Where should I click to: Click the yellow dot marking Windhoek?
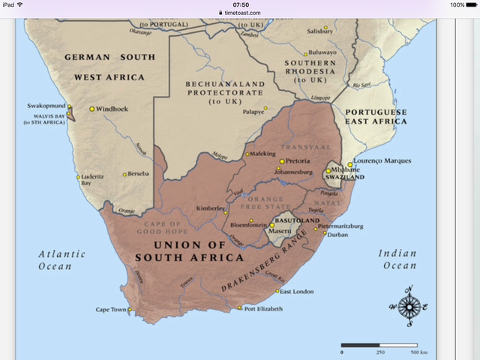point(92,109)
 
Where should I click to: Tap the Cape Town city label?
point(111,309)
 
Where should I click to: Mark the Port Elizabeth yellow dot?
point(239,308)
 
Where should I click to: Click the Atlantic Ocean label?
point(61,259)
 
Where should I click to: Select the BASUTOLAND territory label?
point(295,220)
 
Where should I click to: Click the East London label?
point(297,291)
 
